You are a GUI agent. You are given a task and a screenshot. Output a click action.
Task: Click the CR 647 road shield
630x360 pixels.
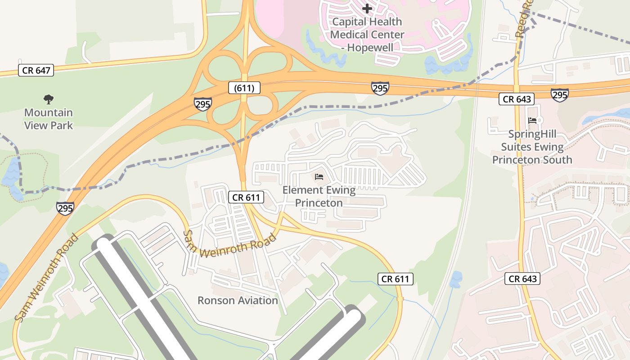(x=36, y=70)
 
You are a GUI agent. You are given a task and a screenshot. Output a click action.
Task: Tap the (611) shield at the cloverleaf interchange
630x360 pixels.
(x=244, y=88)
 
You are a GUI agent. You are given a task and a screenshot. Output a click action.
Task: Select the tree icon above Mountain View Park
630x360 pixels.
(x=48, y=99)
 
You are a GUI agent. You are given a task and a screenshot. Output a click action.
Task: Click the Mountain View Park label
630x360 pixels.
(x=48, y=119)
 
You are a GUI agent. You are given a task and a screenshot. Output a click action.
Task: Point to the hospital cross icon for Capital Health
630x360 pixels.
(x=367, y=8)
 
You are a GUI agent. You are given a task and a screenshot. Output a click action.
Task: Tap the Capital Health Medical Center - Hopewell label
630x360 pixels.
(x=367, y=34)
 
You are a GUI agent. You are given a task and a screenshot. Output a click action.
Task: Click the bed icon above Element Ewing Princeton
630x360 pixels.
(x=319, y=177)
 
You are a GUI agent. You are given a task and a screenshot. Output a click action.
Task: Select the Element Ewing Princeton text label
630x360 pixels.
(x=319, y=197)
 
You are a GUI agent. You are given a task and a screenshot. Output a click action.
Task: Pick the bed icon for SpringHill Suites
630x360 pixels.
(x=532, y=120)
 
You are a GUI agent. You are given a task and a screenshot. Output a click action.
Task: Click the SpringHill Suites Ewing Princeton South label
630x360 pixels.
(x=532, y=147)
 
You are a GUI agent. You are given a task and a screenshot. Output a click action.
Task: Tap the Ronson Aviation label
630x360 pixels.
(x=238, y=301)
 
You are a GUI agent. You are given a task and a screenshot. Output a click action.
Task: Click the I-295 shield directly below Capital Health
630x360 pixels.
(x=380, y=88)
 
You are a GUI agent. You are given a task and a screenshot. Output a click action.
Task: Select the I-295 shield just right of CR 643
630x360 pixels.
(x=559, y=94)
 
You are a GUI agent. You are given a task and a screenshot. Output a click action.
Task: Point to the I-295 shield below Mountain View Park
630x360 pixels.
(x=65, y=208)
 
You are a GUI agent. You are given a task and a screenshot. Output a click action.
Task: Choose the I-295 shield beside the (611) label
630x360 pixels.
(x=202, y=104)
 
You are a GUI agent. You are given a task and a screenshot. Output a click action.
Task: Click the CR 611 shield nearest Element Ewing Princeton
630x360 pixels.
(x=246, y=197)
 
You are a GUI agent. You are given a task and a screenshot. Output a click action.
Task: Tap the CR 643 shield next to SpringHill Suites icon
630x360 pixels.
(x=517, y=99)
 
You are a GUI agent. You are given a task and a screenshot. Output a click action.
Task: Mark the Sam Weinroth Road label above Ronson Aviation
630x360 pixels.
(x=229, y=245)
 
